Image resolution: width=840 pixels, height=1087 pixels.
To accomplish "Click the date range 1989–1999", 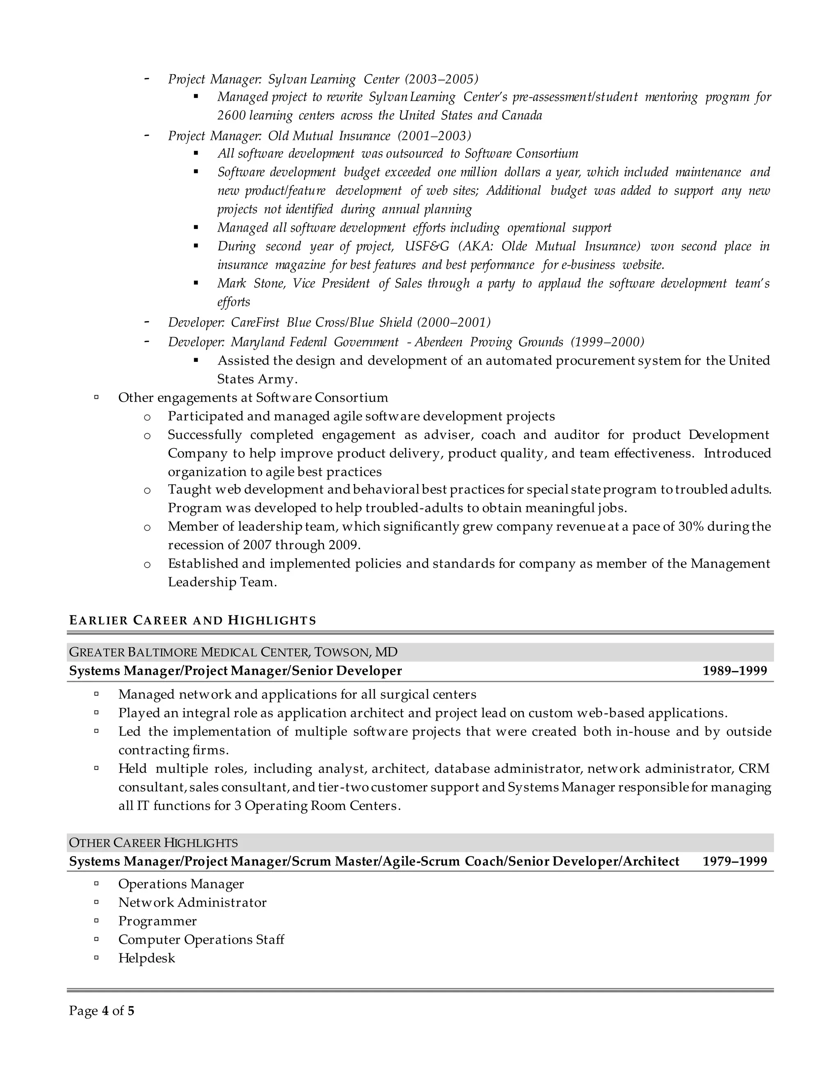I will pyautogui.click(x=735, y=671).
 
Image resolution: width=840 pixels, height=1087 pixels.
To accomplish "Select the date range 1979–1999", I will pyautogui.click(x=735, y=861).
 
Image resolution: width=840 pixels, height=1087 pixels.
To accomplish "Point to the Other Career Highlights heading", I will pyautogui.click(x=153, y=843).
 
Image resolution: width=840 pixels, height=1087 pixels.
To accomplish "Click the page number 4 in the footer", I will pyautogui.click(x=105, y=1011).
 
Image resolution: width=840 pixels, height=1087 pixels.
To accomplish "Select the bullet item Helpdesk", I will pyautogui.click(x=146, y=958).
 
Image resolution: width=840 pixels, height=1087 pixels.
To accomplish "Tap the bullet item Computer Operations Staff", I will pyautogui.click(x=201, y=940).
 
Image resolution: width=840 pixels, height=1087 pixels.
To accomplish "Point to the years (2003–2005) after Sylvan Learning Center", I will pyautogui.click(x=441, y=79).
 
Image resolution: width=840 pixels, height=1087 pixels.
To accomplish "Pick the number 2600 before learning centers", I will pyautogui.click(x=231, y=116).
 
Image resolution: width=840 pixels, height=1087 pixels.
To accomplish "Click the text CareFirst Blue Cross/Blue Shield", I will pyautogui.click(x=322, y=322).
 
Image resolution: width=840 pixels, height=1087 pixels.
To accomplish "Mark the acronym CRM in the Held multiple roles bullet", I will pyautogui.click(x=754, y=768).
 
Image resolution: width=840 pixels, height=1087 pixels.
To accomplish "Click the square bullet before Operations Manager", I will pyautogui.click(x=96, y=884).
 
